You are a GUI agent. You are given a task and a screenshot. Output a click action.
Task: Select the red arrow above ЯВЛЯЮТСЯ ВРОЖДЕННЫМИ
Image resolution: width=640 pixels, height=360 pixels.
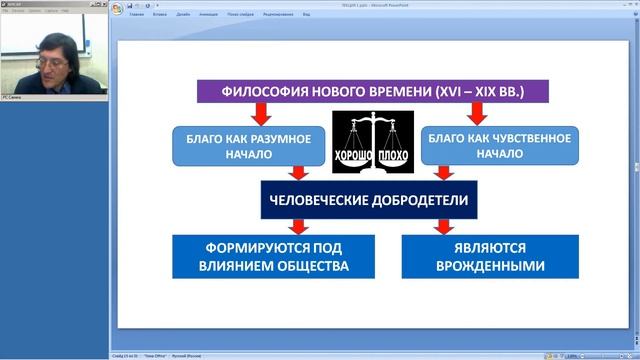click(440, 226)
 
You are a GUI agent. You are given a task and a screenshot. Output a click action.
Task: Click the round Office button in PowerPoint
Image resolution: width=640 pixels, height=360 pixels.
click(119, 10)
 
